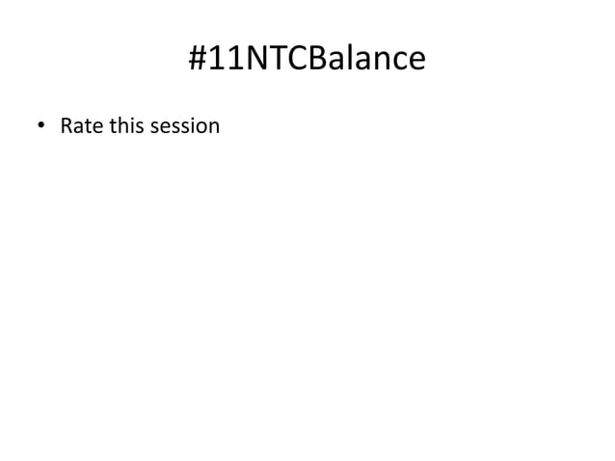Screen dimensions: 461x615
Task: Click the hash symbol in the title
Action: (x=200, y=60)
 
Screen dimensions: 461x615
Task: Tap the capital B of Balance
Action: (x=323, y=60)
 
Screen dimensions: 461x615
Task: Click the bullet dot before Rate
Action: (x=40, y=126)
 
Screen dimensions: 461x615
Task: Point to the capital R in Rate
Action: (x=66, y=125)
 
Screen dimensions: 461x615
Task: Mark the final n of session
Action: (x=213, y=127)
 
